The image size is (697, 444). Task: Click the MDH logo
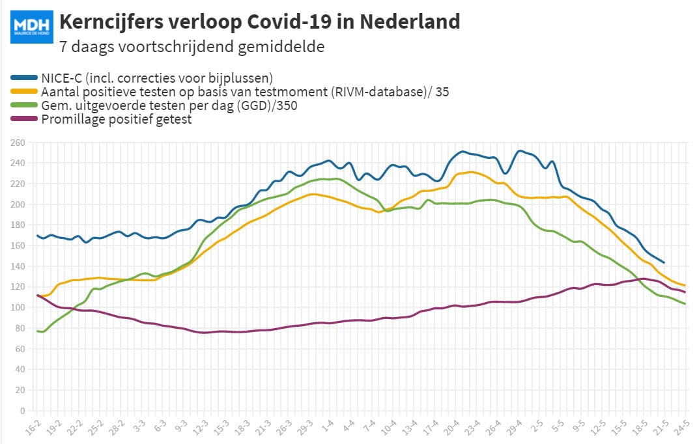[x=32, y=27]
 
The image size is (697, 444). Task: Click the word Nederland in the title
[x=410, y=21]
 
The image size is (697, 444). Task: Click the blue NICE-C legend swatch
[x=24, y=77]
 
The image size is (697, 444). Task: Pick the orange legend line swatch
[x=24, y=92]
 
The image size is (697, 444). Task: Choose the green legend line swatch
[x=24, y=105]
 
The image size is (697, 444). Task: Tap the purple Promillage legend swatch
[x=24, y=119]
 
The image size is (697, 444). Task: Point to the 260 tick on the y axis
[x=18, y=143]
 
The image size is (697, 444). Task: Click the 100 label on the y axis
[x=18, y=307]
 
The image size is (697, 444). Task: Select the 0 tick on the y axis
[x=22, y=411]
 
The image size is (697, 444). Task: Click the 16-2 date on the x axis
[x=33, y=428]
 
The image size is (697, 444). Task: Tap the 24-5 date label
[x=681, y=428]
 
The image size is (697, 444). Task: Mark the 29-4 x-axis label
[x=514, y=428]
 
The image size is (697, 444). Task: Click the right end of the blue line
[x=664, y=262]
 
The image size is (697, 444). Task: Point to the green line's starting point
[x=37, y=331]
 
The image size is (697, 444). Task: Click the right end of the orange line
[x=685, y=285]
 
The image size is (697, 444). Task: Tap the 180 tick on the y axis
[x=18, y=225]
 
